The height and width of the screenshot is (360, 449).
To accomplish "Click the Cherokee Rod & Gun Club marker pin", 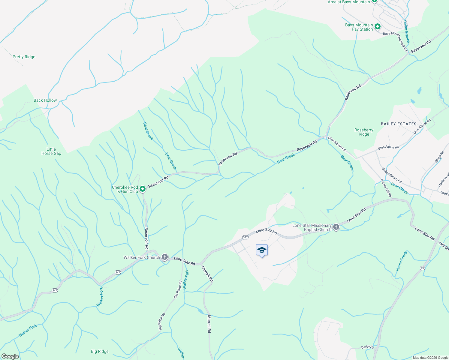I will (143, 189).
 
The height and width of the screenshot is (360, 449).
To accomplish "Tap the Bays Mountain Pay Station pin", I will (378, 27).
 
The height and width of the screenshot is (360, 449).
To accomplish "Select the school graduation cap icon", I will (262, 250).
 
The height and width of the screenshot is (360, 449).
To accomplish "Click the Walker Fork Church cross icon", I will (165, 257).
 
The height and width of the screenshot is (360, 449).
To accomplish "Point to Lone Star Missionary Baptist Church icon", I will (336, 227).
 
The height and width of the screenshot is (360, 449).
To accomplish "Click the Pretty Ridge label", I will (24, 57).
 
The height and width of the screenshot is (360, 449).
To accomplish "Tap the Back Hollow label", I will (45, 100).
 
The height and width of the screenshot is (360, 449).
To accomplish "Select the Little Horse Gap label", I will (51, 151).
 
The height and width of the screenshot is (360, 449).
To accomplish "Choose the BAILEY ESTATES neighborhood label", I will (399, 124).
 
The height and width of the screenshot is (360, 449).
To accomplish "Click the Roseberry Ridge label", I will (364, 132).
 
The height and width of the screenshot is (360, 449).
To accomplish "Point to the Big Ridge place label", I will (100, 351).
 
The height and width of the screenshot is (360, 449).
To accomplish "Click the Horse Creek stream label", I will (402, 261).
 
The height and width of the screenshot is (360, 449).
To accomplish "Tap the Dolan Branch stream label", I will (406, 31).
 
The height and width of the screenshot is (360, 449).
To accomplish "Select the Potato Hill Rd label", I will (386, 188).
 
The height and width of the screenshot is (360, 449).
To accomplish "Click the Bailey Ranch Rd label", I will (392, 175).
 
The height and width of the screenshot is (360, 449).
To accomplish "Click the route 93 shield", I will (422, 268).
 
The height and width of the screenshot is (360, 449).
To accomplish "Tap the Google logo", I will (10, 356).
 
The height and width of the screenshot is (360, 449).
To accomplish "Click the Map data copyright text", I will (430, 358).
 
